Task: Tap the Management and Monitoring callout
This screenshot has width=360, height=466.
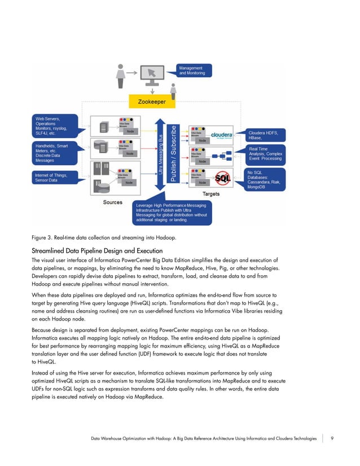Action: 194,71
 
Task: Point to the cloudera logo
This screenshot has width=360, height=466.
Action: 226,135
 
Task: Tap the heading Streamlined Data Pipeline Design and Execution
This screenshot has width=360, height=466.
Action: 97,250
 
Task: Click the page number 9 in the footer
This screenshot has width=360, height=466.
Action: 332,438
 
